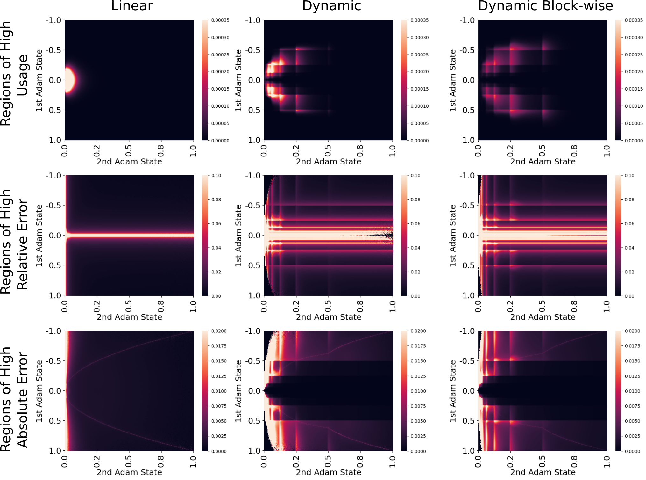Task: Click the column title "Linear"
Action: point(132,6)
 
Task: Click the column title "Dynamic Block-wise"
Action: point(545,6)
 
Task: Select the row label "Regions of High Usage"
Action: point(14,74)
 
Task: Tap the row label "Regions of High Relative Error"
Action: point(14,242)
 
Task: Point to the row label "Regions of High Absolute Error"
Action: point(14,399)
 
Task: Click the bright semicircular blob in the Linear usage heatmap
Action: point(70,80)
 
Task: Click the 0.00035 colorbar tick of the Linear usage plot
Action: point(220,20)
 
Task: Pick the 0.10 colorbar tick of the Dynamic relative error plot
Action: point(415,176)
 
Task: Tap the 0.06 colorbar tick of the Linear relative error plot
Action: point(216,224)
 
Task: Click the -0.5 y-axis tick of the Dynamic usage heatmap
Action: point(253,50)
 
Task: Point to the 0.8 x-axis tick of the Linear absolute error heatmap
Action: point(161,461)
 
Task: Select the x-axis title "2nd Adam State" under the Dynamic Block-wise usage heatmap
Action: point(543,162)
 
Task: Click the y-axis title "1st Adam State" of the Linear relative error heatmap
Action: point(39,236)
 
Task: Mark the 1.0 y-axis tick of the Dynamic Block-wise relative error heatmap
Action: point(468,295)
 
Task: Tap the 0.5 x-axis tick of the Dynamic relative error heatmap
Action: point(328,306)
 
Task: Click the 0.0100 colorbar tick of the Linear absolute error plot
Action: point(219,391)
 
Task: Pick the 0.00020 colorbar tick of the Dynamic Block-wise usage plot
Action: point(634,72)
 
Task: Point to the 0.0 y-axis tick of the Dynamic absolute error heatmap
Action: point(254,391)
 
